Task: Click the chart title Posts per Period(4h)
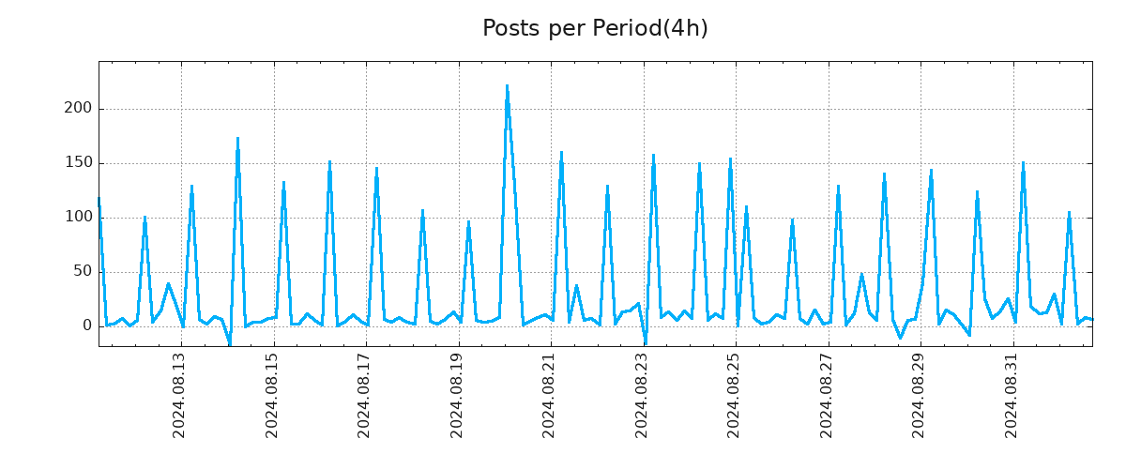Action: pos(595,29)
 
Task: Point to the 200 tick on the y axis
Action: pos(79,109)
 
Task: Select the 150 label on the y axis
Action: pos(79,163)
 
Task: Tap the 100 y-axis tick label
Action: pos(79,218)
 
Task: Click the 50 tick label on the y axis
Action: pos(83,272)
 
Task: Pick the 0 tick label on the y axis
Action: pos(87,326)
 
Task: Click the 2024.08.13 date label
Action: pos(179,396)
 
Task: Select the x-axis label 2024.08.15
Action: pos(272,396)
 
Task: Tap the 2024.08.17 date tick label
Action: pos(364,396)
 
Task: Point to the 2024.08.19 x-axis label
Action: pos(456,396)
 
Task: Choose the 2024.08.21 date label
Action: pos(549,396)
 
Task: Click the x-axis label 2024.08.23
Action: pos(642,396)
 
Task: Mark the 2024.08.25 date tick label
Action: pos(734,396)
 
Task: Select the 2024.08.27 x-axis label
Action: pos(826,396)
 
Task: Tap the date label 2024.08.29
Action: pos(919,396)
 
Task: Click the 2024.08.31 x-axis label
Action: pos(1011,396)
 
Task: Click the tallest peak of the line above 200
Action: pos(507,86)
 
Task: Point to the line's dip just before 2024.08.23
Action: pos(646,343)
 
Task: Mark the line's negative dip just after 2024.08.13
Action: pos(230,344)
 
